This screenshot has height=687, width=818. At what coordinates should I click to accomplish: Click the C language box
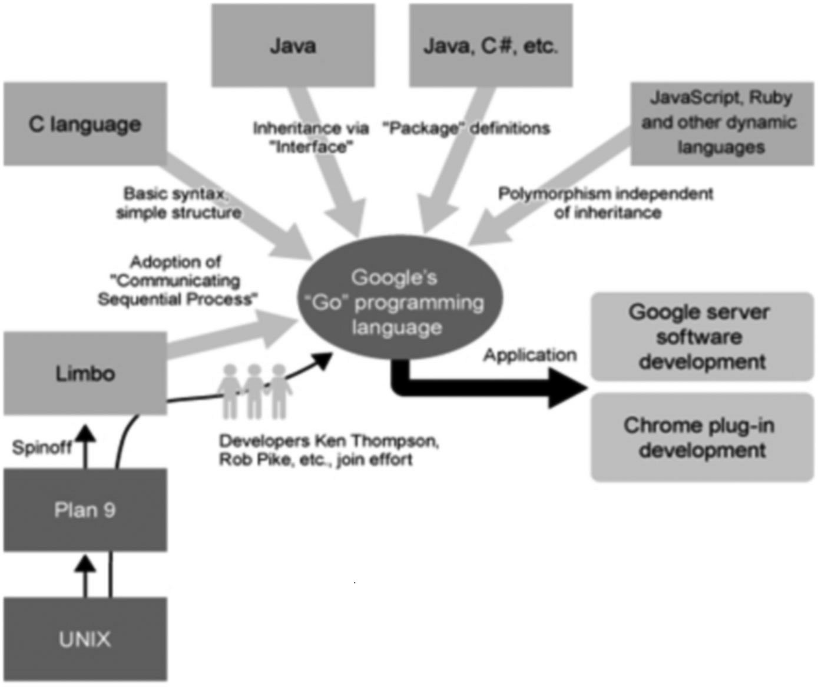tap(85, 124)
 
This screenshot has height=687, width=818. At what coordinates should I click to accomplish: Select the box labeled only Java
tap(293, 46)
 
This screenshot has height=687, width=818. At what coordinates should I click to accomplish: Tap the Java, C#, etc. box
tap(491, 46)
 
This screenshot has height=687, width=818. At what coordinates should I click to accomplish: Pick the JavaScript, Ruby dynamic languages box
tap(721, 123)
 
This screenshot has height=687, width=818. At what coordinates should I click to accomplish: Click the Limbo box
tap(85, 373)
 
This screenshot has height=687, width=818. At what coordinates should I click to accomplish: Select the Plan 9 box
tap(85, 510)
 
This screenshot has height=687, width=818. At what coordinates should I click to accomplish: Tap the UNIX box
tap(85, 639)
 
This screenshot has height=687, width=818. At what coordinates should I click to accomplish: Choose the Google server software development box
tap(701, 337)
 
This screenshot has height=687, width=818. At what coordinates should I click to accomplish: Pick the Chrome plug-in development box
tap(701, 437)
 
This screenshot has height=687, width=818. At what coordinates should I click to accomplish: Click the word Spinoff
tap(42, 447)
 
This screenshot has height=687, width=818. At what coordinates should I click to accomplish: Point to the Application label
tap(529, 355)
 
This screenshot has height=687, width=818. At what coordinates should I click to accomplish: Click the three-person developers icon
tap(254, 391)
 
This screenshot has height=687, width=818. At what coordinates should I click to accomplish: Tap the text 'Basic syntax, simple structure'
tap(178, 203)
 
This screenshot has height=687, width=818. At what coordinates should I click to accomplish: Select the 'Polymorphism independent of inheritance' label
tap(606, 203)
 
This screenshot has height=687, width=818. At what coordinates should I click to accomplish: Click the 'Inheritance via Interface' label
tap(311, 137)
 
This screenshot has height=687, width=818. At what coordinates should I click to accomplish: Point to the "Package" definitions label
tap(466, 128)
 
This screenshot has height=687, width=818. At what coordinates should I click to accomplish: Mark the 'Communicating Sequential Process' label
tap(177, 281)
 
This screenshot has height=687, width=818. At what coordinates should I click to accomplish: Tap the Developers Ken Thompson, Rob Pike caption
tap(328, 450)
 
